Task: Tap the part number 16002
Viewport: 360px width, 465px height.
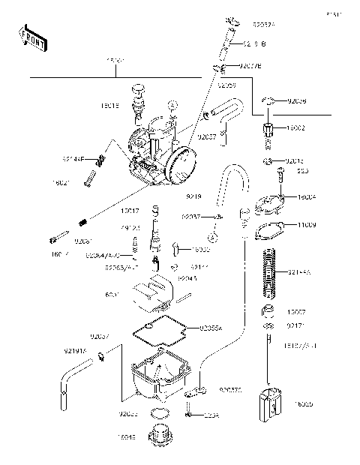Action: [x=296, y=129]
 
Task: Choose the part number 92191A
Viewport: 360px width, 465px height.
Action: [x=74, y=349]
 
